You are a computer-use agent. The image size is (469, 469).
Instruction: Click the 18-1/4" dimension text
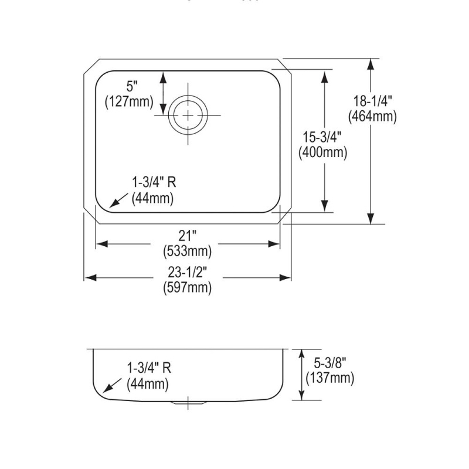tap(372, 101)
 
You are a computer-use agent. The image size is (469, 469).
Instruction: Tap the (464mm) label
tap(372, 116)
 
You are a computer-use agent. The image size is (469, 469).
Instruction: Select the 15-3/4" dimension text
tap(322, 137)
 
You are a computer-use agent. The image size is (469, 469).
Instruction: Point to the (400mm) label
tap(323, 152)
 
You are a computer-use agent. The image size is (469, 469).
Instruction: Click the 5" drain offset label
tap(131, 86)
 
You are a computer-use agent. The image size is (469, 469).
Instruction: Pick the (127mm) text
tap(129, 101)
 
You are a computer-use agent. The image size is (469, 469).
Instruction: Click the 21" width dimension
tap(187, 236)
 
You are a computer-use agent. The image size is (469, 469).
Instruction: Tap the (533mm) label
tap(187, 251)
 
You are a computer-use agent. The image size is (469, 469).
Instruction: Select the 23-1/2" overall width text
tap(187, 272)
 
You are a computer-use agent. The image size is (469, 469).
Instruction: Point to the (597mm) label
tap(187, 287)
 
